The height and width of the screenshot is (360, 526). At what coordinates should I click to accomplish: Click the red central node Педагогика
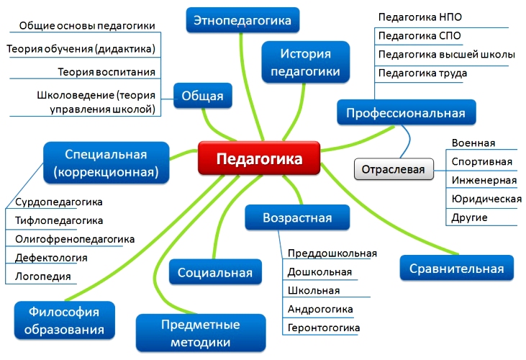pos(259,158)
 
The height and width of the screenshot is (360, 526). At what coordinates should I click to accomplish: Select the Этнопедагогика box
pos(242,20)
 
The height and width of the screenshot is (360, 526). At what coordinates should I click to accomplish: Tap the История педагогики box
pos(306,62)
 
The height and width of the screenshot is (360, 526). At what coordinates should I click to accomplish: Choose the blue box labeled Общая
pos(203,96)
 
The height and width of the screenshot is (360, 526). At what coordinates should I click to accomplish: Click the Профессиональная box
pos(407,112)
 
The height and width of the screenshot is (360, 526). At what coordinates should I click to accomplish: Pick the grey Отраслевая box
pos(394,169)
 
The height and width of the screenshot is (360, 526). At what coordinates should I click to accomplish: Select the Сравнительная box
pos(456,268)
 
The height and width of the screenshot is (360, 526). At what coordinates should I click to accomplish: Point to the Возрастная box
pos(297,217)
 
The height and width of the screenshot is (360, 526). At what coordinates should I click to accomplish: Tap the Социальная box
pos(215,272)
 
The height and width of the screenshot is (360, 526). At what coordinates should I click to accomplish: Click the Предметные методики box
pos(201,333)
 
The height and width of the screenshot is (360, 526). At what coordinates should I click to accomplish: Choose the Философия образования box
pos(65,320)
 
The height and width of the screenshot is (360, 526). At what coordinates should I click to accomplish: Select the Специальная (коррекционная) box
pos(106,163)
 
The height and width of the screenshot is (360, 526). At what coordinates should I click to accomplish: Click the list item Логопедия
pos(43,276)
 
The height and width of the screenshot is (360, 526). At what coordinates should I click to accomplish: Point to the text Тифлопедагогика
pos(59,220)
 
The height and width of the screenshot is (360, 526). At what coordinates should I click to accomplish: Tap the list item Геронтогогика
pos(324,328)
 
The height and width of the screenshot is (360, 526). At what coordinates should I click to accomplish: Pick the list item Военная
pos(473,143)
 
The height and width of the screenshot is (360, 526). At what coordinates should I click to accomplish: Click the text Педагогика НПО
pos(420,17)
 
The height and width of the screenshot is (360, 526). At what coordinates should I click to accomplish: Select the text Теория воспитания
pos(106,72)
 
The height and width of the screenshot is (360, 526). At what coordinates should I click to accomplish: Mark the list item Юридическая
pos(486,199)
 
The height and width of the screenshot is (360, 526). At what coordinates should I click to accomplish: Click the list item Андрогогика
pos(320,309)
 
